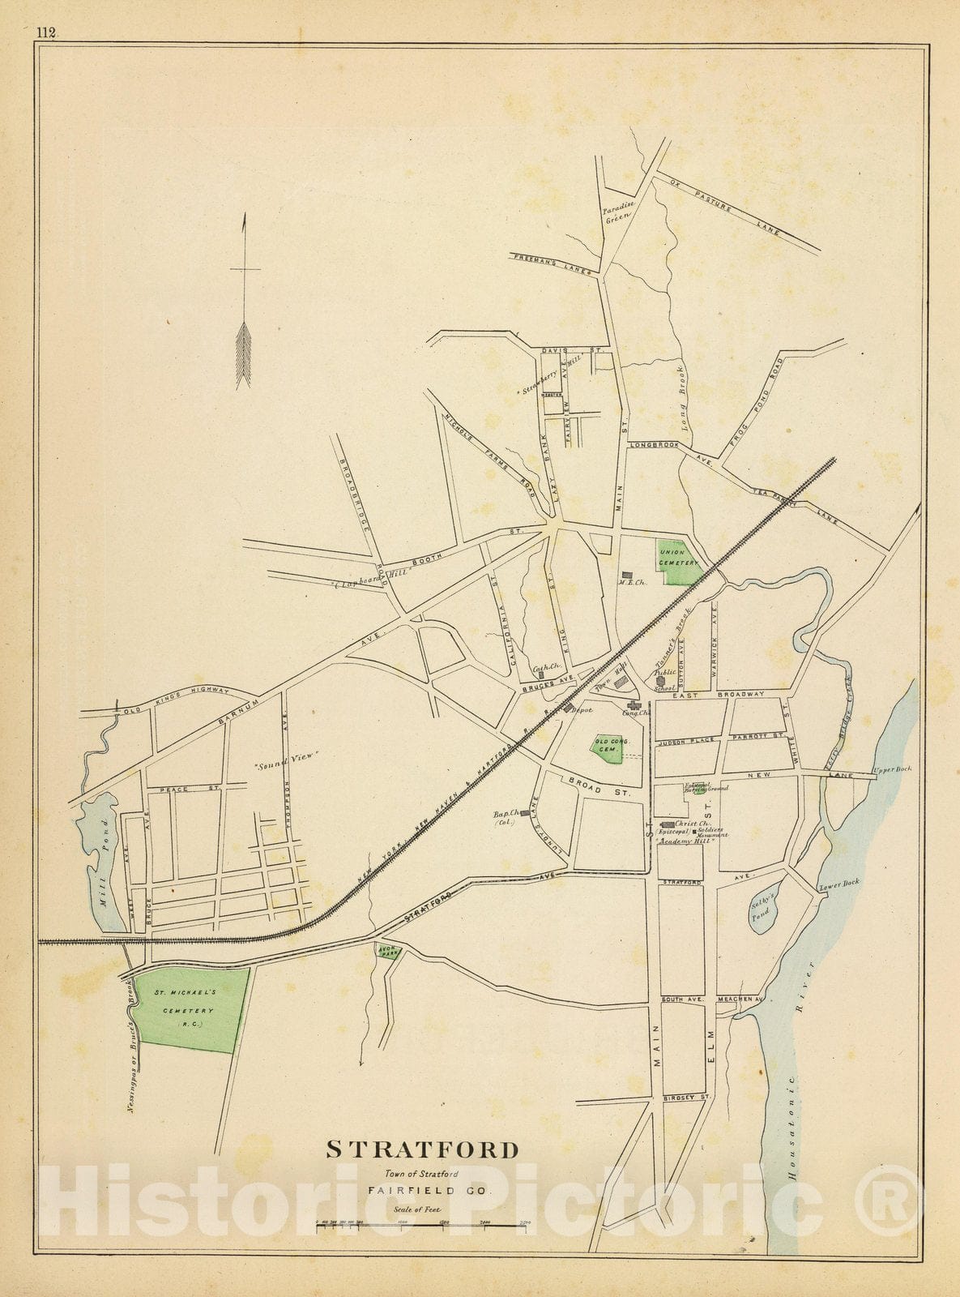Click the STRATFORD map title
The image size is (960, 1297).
click(x=422, y=1149)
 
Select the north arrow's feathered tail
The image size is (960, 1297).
click(x=244, y=354)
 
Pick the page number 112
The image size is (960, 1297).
click(x=45, y=32)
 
